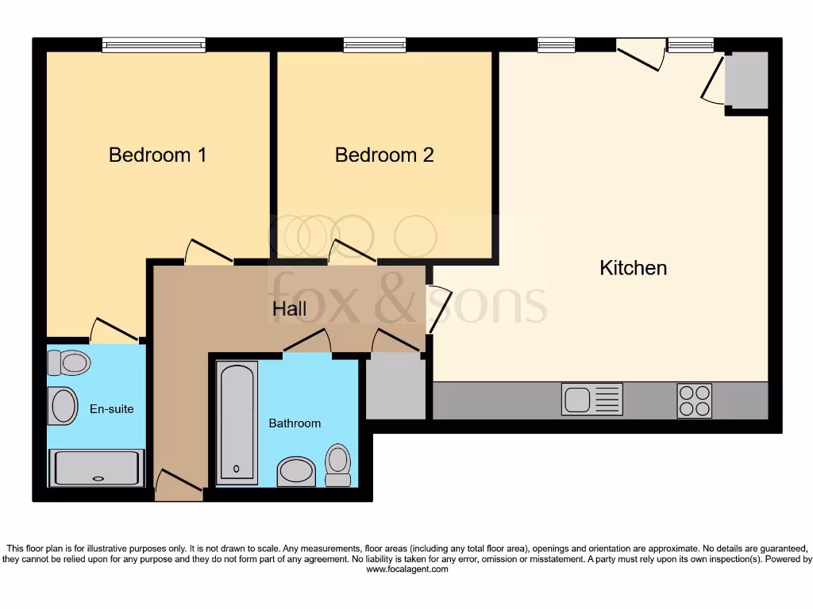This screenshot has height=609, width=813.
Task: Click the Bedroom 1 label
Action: pyautogui.click(x=157, y=155)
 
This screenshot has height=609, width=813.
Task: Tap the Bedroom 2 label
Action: pyautogui.click(x=384, y=155)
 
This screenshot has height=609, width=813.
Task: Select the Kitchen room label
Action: pyautogui.click(x=633, y=268)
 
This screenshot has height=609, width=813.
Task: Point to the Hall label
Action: pyautogui.click(x=290, y=309)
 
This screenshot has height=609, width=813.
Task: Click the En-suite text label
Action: pyautogui.click(x=111, y=409)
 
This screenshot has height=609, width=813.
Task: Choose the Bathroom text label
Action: pyautogui.click(x=295, y=423)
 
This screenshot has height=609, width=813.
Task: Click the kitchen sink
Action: pyautogui.click(x=592, y=399)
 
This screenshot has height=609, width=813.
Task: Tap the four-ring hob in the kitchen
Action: pyautogui.click(x=694, y=400)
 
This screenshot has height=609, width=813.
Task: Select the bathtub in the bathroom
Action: pyautogui.click(x=237, y=422)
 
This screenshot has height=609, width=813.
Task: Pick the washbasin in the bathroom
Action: pyautogui.click(x=296, y=471)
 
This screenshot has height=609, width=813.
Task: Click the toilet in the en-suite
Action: pyautogui.click(x=68, y=362)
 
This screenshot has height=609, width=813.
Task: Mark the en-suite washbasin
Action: pyautogui.click(x=63, y=405)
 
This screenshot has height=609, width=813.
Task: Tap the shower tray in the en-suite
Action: pyautogui.click(x=97, y=468)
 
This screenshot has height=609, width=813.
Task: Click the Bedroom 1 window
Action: pyautogui.click(x=154, y=46)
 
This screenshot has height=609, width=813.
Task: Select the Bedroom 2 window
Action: pyautogui.click(x=375, y=46)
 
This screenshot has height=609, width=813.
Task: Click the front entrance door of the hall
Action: pyautogui.click(x=179, y=485)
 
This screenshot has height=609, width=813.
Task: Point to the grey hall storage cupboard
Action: pyautogui.click(x=395, y=387)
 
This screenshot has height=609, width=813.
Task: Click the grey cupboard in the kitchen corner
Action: pyautogui.click(x=747, y=80)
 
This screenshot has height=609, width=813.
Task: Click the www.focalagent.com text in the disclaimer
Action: pyautogui.click(x=406, y=569)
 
